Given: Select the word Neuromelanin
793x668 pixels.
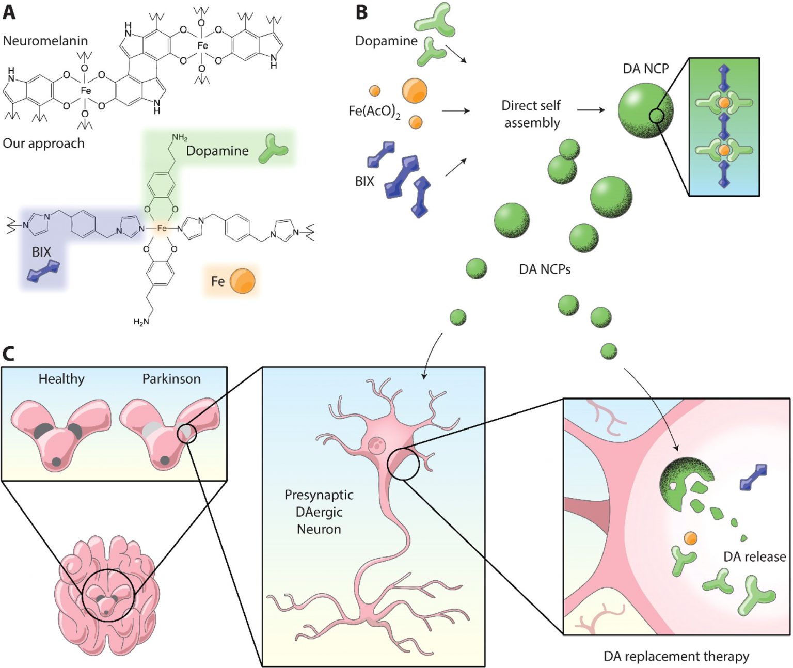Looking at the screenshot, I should point(45,41).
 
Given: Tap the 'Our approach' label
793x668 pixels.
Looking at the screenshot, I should point(43,143).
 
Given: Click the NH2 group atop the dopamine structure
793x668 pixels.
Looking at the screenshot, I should point(179,137).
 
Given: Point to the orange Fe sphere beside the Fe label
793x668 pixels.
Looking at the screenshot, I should point(242,281).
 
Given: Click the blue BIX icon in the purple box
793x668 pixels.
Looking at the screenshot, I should point(43,271).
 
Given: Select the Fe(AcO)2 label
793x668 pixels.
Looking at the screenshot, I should point(374,111).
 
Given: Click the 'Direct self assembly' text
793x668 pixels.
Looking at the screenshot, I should point(531,114).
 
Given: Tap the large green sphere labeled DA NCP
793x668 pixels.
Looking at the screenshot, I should point(645,110).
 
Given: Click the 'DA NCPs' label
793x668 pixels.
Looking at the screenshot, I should point(545,269).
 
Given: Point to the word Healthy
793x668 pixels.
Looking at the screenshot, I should point(61,379).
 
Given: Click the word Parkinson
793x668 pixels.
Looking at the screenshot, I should point(171,379).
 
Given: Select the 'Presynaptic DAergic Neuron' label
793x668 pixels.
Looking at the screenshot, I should point(319,512).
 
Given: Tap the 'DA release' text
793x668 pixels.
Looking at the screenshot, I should point(754,556).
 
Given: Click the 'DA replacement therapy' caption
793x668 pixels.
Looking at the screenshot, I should point(676,656).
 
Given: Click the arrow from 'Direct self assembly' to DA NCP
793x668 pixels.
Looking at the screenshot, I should point(591,110).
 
